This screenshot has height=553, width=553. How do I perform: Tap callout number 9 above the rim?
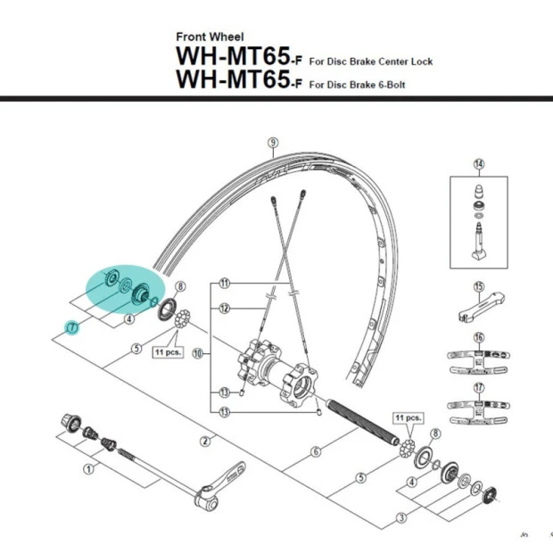click(x=273, y=142)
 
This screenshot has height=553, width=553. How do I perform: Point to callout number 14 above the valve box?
click(x=478, y=163)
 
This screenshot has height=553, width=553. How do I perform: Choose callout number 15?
click(x=478, y=286)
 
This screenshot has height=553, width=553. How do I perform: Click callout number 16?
click(x=478, y=337)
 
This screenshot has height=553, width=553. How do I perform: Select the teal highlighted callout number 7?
click(x=73, y=327)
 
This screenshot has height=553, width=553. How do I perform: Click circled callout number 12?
click(x=224, y=309)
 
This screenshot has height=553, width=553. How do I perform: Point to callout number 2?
click(x=204, y=441)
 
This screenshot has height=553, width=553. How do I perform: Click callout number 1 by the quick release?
click(x=87, y=467)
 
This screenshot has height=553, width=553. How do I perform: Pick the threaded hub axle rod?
click(x=361, y=418)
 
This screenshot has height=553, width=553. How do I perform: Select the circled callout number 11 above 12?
click(x=224, y=283)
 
